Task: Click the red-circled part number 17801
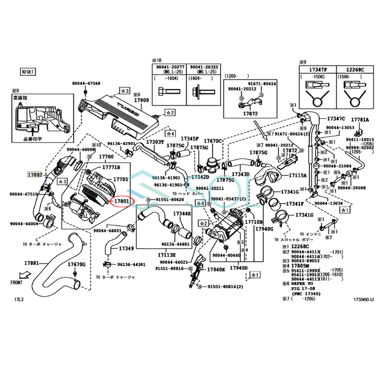tap(122, 201)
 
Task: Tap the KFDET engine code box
tap(27, 72)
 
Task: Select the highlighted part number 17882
tap(35, 175)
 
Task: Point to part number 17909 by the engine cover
tap(141, 100)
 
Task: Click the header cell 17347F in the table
tap(318, 69)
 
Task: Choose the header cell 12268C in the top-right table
tap(355, 69)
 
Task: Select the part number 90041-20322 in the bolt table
tap(204, 67)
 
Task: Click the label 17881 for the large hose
tap(31, 263)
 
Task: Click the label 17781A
tap(360, 120)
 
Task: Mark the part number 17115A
tap(297, 175)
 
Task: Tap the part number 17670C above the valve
tap(213, 141)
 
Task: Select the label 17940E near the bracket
tap(216, 270)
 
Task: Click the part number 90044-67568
tap(86, 84)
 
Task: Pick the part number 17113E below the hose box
tap(167, 255)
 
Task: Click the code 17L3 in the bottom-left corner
tap(18, 299)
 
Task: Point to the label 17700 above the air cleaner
tap(106, 157)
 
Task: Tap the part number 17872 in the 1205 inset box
tap(250, 113)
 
